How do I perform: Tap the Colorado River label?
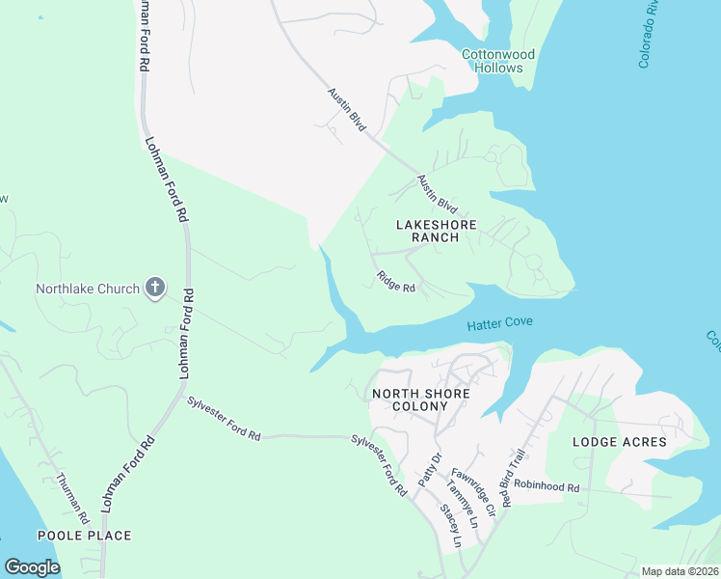click(x=648, y=34)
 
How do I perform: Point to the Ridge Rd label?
click(x=395, y=282)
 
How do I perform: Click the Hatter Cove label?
click(x=499, y=324)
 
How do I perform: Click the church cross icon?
click(x=154, y=288)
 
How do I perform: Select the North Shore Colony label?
click(x=421, y=400)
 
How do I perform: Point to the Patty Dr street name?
click(x=428, y=470)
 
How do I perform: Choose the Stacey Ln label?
click(x=450, y=525)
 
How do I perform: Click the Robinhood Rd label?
click(x=546, y=488)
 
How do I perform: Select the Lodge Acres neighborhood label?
click(x=619, y=442)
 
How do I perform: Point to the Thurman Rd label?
click(x=71, y=495)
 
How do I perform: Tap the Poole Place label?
click(x=84, y=535)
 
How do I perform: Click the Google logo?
click(x=32, y=566)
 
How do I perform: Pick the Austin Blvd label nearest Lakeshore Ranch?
click(x=436, y=193)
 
